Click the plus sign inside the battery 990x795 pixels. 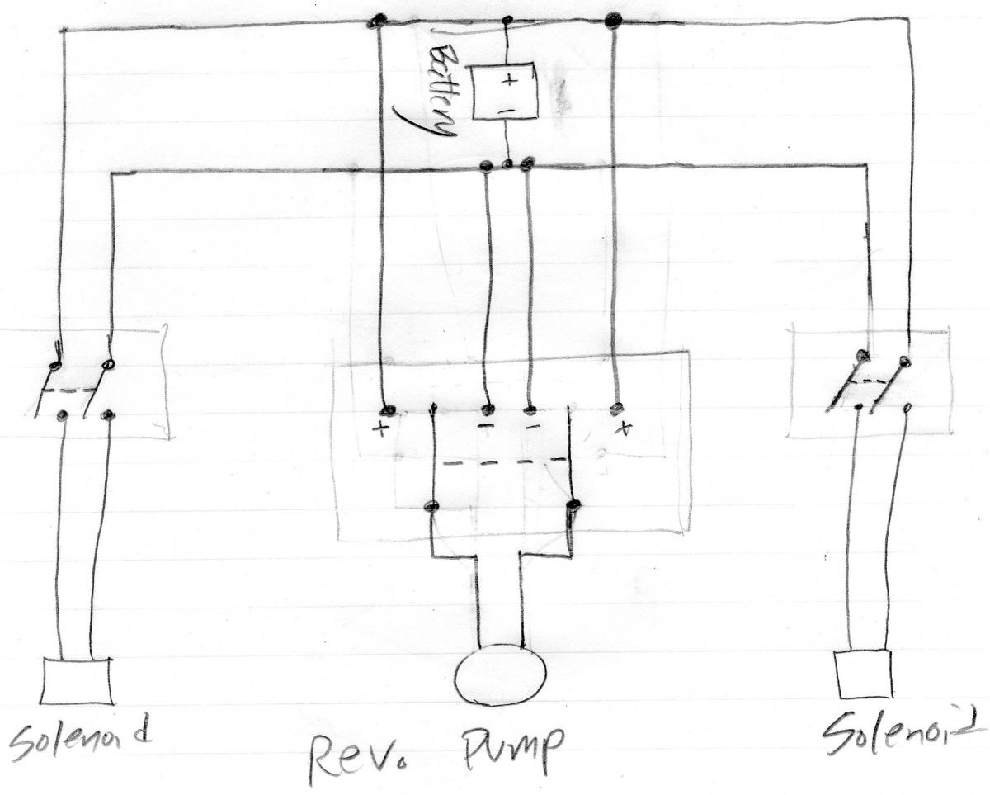tap(508, 80)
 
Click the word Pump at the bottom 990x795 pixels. tap(511, 746)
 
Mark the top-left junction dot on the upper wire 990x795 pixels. tap(379, 21)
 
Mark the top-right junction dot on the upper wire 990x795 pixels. tap(612, 21)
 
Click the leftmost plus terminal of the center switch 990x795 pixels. tap(384, 410)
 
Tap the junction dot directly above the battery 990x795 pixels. tap(507, 20)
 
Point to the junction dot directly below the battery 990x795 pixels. tap(508, 164)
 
